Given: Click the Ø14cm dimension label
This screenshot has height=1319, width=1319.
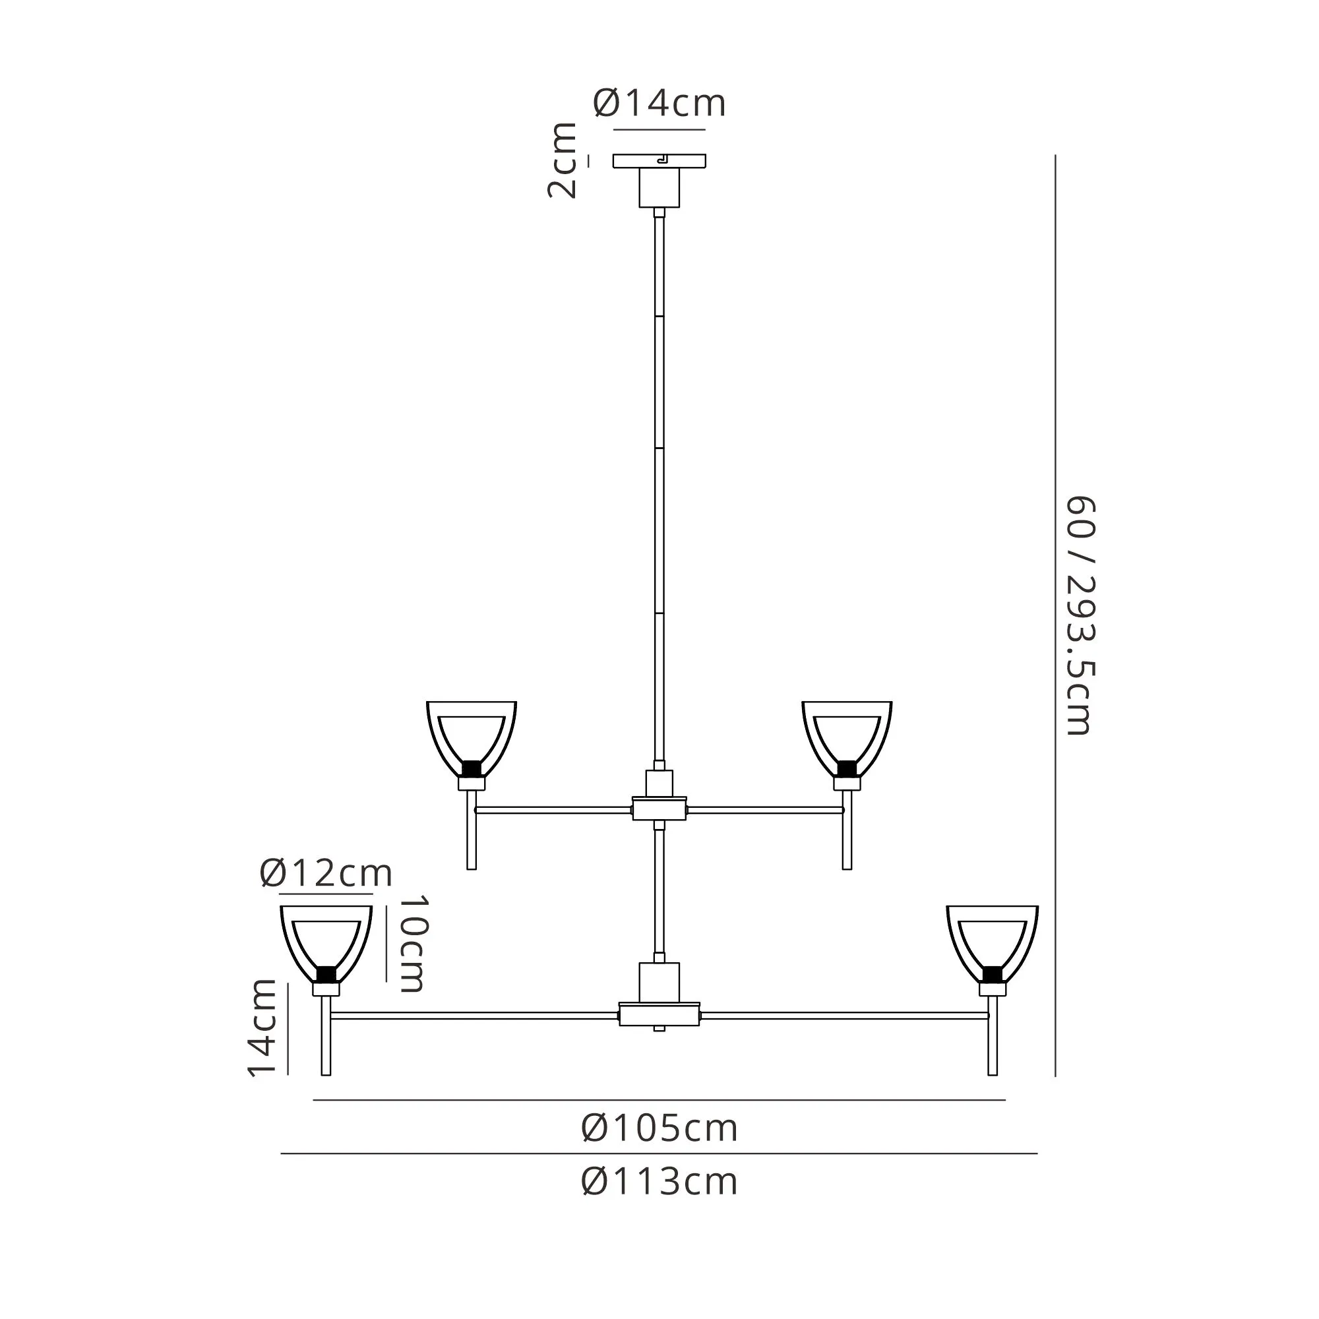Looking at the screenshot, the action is [659, 104].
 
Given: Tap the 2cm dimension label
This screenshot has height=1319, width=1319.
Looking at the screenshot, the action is [563, 161].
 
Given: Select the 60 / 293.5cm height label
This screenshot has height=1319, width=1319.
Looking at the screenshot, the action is [1080, 616].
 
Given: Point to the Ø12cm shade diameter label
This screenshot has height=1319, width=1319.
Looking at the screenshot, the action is [326, 873].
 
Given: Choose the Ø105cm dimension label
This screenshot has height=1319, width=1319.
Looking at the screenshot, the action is [659, 1128].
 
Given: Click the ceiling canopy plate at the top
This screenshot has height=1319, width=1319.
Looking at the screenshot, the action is [659, 161].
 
